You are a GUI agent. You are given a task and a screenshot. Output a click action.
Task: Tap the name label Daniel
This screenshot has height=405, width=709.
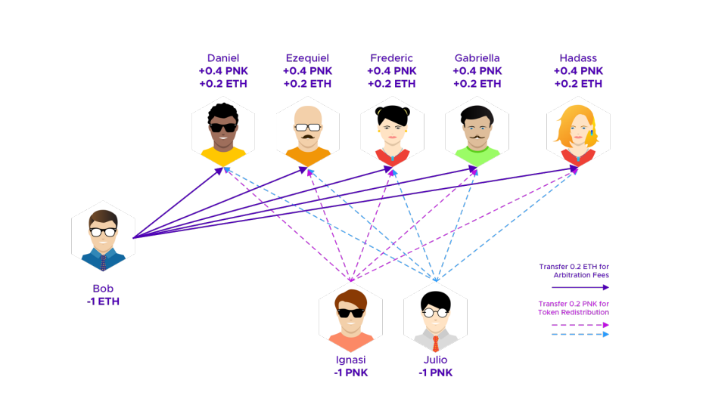[x=223, y=58]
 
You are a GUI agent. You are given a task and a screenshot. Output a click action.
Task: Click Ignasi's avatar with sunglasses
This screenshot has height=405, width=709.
[x=350, y=314]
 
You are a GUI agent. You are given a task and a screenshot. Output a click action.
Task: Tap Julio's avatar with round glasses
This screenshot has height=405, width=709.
[x=435, y=314]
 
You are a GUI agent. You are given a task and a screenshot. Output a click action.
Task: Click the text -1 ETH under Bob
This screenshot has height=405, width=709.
[x=103, y=301]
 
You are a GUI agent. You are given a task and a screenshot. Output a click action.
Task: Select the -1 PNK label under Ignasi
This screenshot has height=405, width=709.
[x=350, y=372]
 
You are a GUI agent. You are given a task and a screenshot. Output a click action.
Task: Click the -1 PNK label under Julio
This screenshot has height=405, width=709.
[x=435, y=372]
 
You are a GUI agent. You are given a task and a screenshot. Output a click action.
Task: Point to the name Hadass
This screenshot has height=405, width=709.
[x=578, y=58]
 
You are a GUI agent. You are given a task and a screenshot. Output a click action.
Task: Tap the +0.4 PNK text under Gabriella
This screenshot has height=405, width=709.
[x=477, y=71]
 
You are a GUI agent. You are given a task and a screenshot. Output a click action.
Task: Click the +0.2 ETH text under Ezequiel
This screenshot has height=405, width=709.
[x=307, y=84]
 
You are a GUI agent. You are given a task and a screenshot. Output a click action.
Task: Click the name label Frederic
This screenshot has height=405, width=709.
[x=392, y=58]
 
